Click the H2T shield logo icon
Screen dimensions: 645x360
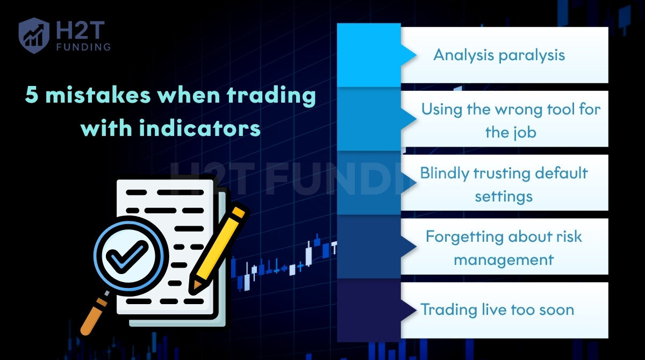point(34,35)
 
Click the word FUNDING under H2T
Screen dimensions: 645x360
point(83,47)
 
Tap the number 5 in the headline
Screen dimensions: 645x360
point(31,95)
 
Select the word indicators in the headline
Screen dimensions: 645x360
point(200,128)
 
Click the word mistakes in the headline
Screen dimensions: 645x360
point(98,95)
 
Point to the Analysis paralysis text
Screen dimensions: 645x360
point(499,55)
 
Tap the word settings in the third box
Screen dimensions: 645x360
point(504,197)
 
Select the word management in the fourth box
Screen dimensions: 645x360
point(504,261)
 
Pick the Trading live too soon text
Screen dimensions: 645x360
point(497,310)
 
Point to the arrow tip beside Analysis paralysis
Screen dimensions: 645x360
point(416,55)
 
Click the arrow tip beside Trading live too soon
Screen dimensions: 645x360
point(416,310)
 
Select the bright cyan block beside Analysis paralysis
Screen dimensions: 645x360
point(369,55)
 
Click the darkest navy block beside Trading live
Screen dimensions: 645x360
point(369,310)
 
